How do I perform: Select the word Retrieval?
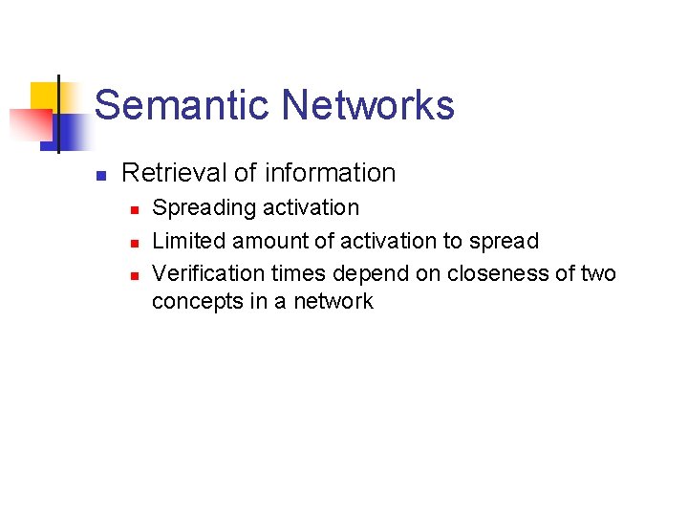pyautogui.click(x=175, y=173)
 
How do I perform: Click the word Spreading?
pyautogui.click(x=201, y=208)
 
